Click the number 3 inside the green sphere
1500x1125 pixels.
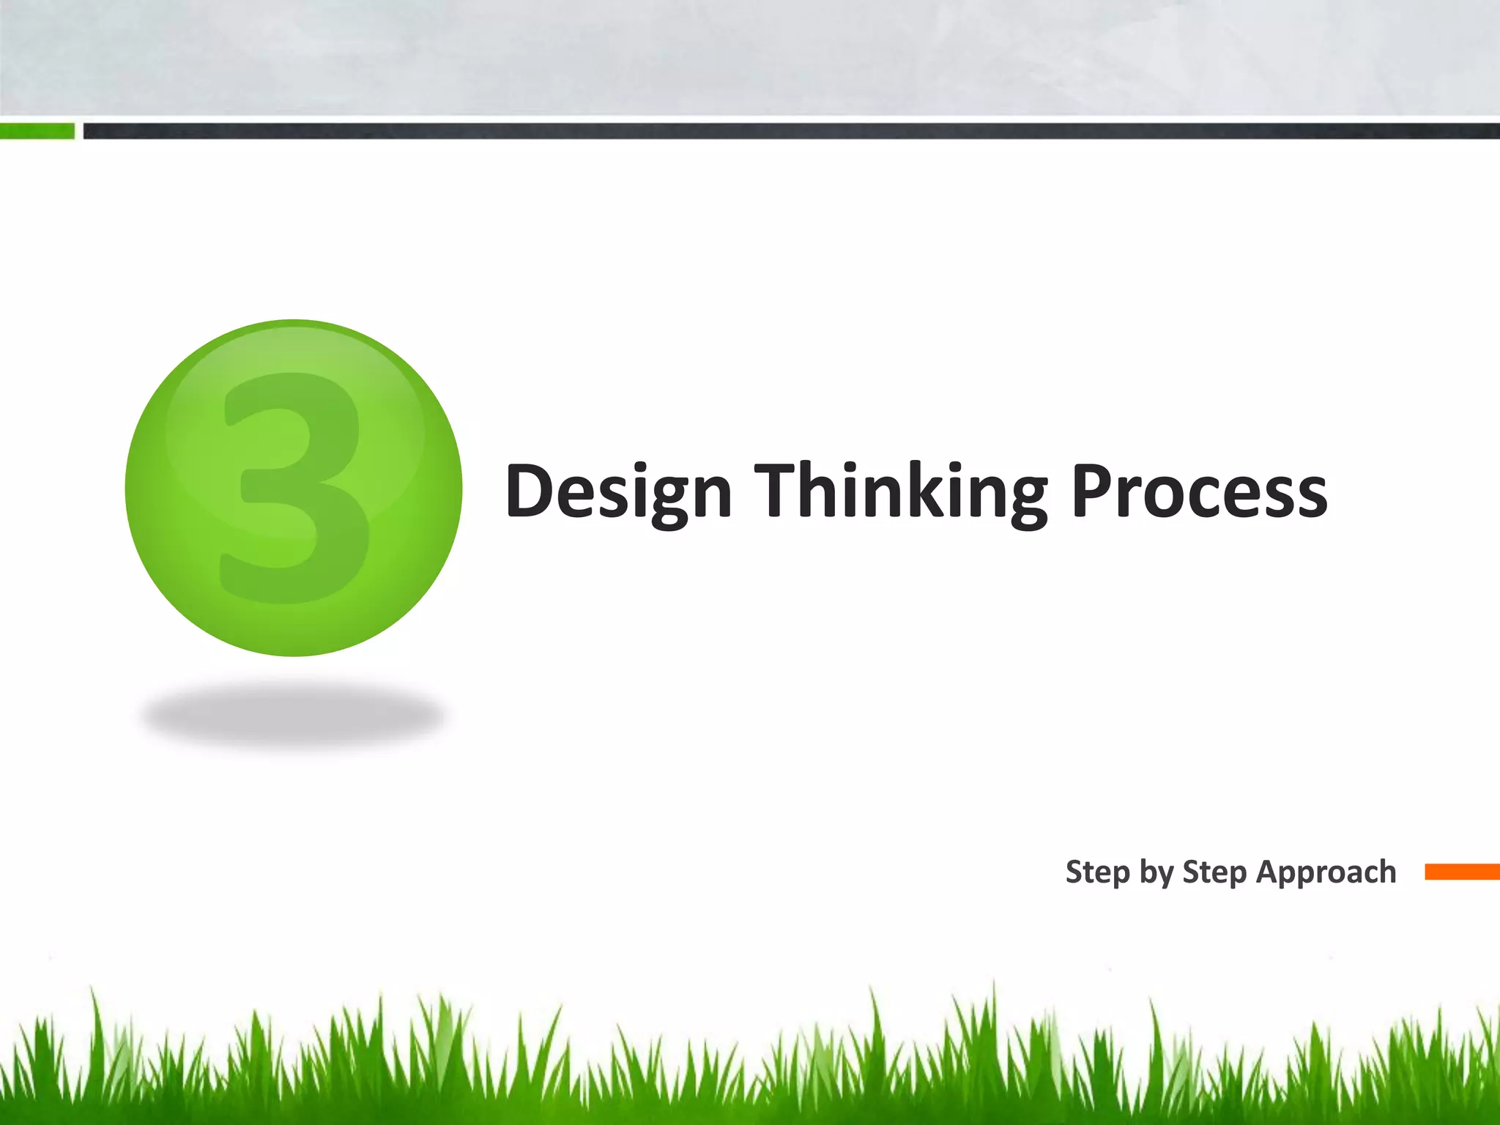click(x=294, y=487)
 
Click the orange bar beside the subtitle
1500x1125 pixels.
click(x=1462, y=872)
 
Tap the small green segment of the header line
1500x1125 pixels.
click(x=37, y=131)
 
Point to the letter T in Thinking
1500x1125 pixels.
click(x=779, y=491)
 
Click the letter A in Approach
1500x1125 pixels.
click(x=1269, y=872)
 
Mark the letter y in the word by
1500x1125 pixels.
click(x=1165, y=876)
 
